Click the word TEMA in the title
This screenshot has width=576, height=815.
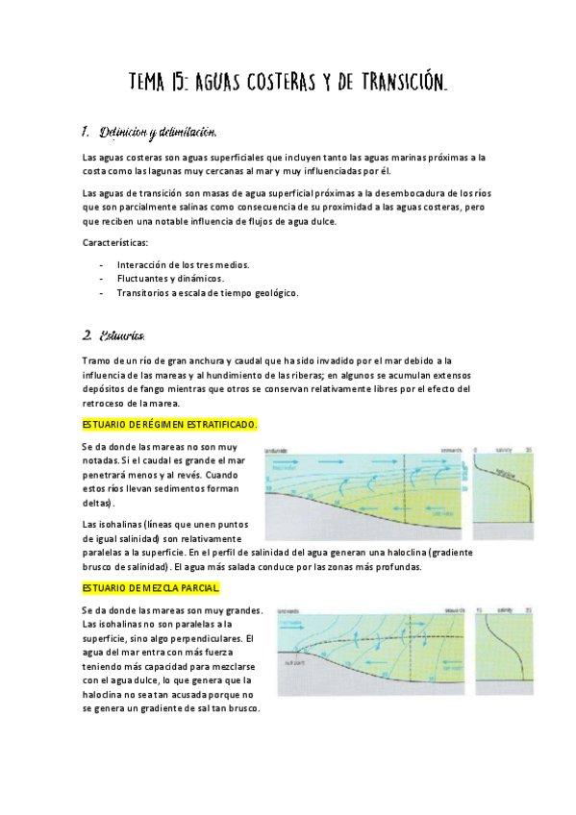[x=150, y=85]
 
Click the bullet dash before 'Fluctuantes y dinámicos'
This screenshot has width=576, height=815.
[x=101, y=279]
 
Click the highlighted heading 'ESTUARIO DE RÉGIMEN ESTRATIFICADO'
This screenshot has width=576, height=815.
[x=170, y=424]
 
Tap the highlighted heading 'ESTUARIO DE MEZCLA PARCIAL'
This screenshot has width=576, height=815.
[x=151, y=587]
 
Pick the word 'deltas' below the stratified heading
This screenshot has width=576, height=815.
[x=98, y=503]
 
